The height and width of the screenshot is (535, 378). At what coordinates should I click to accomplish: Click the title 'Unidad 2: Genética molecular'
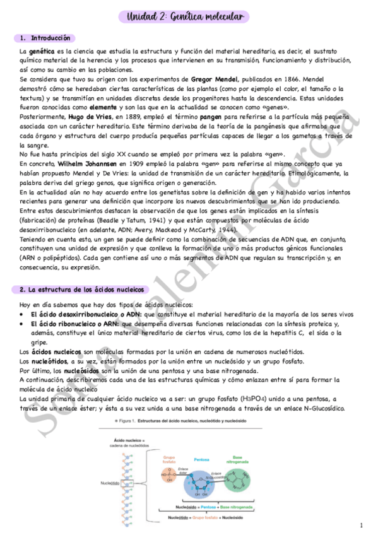pyautogui.click(x=189, y=16)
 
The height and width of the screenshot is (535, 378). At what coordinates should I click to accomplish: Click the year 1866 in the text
pyautogui.click(x=291, y=79)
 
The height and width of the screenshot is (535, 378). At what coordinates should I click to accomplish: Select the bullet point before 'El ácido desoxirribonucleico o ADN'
pyautogui.click(x=23, y=314)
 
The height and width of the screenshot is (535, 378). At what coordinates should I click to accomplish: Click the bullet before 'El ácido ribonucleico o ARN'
pyautogui.click(x=23, y=324)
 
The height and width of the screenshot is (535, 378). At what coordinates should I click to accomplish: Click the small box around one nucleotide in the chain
pyautogui.click(x=130, y=483)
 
